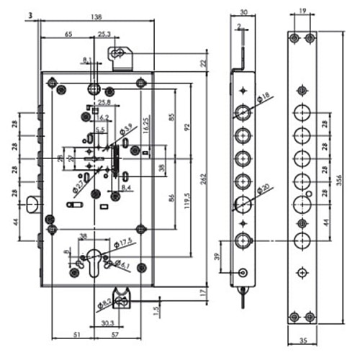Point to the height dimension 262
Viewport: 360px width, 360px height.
[204, 173]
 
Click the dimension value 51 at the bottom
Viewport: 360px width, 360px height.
[76, 335]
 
